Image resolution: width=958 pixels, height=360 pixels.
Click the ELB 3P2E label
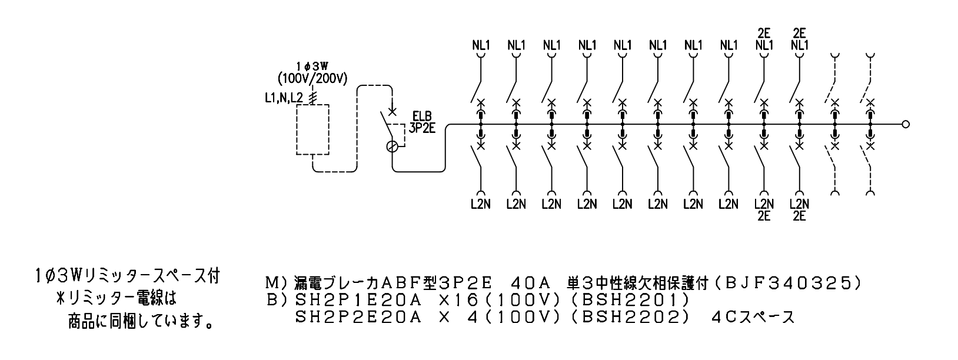tap(422, 122)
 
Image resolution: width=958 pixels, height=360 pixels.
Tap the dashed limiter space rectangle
tap(297, 129)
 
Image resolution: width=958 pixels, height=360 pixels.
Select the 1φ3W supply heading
tap(312, 66)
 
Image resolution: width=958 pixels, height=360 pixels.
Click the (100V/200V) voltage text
tap(312, 79)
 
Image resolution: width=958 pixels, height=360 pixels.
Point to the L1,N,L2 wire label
tap(284, 98)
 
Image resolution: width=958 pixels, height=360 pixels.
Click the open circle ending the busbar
tap(906, 125)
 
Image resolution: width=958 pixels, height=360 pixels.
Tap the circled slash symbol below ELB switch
tap(392, 146)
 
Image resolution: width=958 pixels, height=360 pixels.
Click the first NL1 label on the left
tap(481, 45)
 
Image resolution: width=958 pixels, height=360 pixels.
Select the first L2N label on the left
tap(481, 204)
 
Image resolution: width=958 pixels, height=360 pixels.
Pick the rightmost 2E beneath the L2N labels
tap(799, 216)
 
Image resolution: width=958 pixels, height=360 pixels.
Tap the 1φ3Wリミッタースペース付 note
tap(128, 276)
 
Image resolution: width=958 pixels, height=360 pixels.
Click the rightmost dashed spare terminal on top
tap(870, 55)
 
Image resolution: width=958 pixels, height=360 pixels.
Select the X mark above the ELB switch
tap(392, 112)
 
